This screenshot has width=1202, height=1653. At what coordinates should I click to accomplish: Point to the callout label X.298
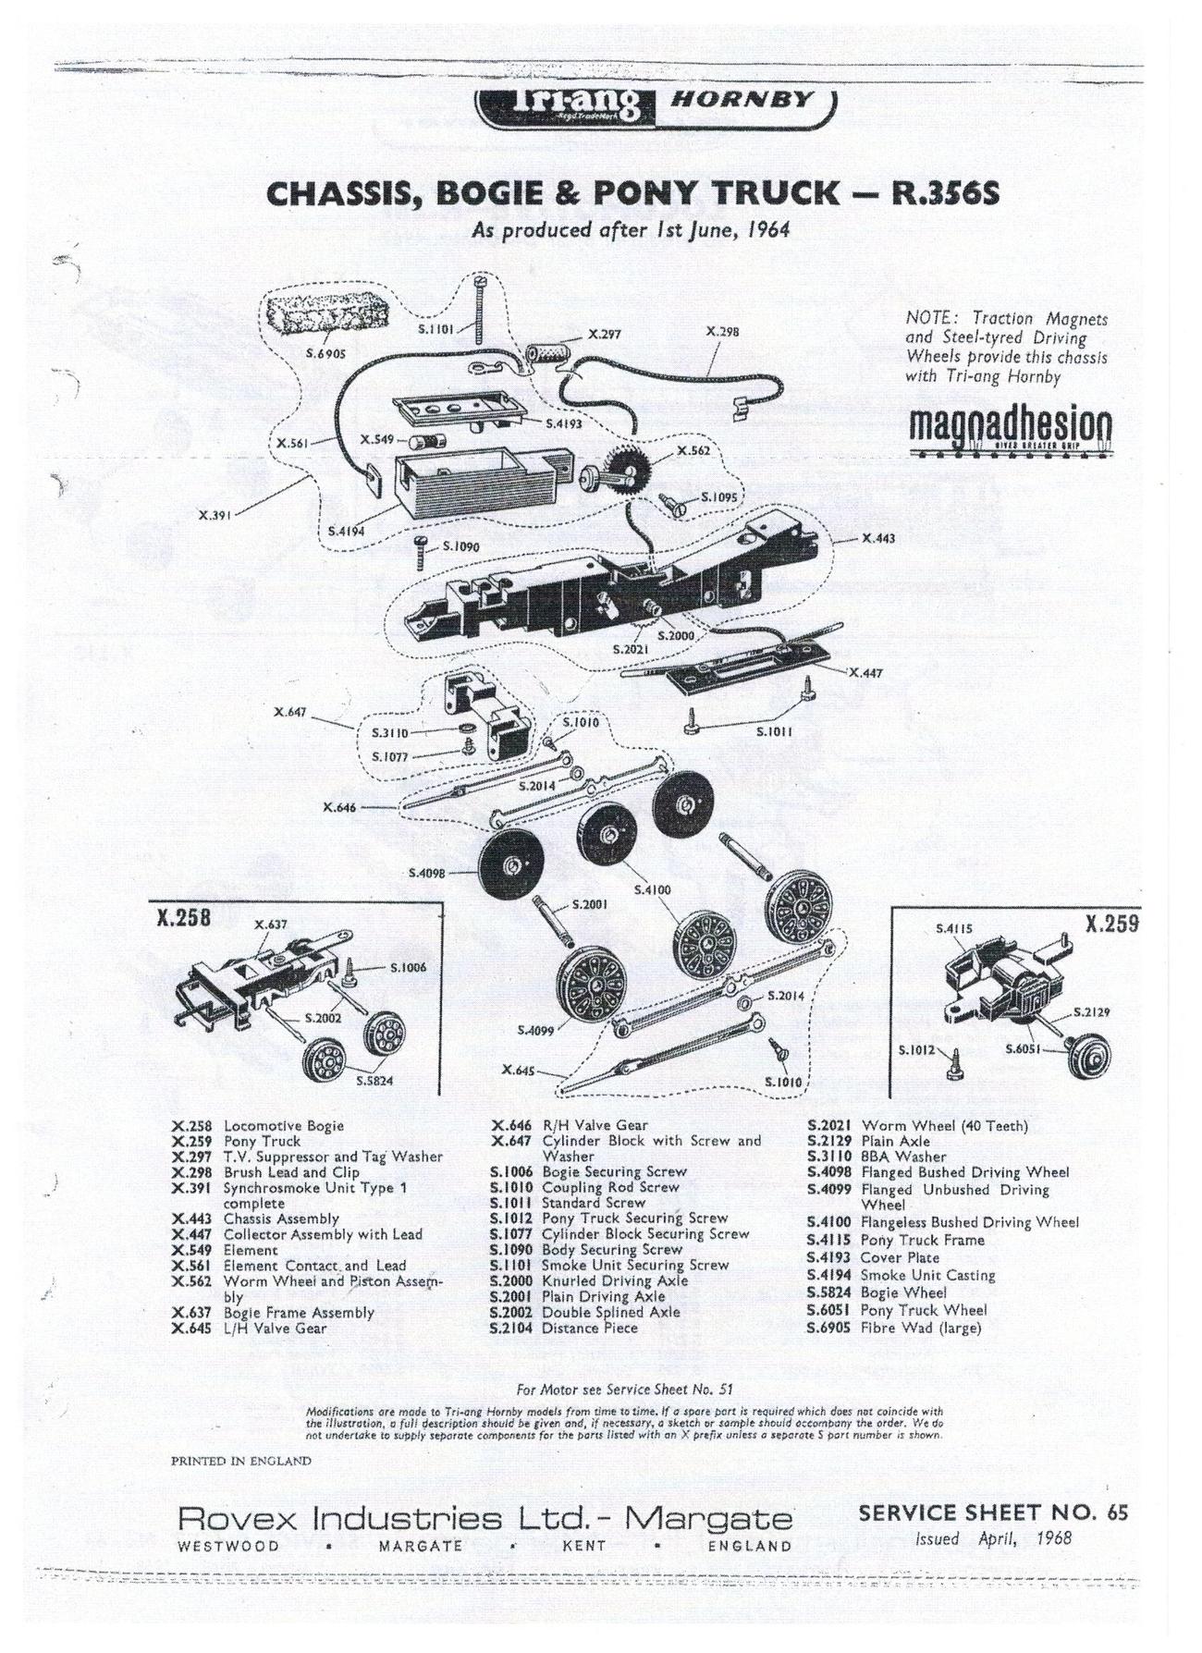722,330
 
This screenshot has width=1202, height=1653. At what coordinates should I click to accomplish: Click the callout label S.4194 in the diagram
347,533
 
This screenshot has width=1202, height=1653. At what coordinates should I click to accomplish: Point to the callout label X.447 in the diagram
866,672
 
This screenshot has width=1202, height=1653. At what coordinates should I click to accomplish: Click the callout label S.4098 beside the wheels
427,873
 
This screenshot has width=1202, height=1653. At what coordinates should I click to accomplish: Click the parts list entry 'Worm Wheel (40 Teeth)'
943,1126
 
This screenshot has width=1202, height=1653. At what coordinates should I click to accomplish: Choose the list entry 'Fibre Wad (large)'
920,1328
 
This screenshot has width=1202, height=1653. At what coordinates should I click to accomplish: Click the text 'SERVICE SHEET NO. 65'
993,1512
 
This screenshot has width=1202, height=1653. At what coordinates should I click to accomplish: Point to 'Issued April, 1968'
993,1539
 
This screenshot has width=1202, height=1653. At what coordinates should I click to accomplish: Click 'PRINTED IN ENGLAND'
240,1461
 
